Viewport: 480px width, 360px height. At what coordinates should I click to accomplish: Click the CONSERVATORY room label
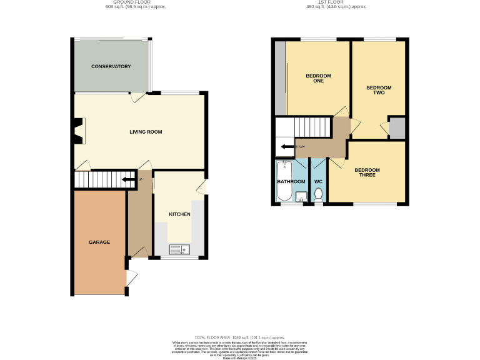(x=111, y=66)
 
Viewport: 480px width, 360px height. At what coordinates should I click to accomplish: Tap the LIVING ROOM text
(x=146, y=132)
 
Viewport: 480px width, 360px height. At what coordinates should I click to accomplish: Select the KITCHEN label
(x=179, y=214)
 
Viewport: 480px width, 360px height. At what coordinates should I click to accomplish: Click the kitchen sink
(x=178, y=250)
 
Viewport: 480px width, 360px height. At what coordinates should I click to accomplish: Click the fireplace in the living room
(x=78, y=131)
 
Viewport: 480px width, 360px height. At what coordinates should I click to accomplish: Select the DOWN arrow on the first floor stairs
(x=287, y=147)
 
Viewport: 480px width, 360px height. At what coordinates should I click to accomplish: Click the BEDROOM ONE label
(x=318, y=78)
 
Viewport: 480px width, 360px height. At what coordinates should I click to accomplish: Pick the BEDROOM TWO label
(x=379, y=90)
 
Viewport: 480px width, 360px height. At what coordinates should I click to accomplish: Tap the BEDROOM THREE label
(x=367, y=172)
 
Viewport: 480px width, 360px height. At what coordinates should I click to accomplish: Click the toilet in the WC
(x=319, y=196)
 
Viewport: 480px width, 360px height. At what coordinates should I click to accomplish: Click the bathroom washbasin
(x=301, y=199)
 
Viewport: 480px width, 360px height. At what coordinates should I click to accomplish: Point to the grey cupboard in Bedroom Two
(x=396, y=129)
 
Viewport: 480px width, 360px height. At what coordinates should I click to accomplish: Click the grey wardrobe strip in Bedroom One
(x=280, y=78)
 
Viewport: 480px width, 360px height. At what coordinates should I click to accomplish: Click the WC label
(x=319, y=182)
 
